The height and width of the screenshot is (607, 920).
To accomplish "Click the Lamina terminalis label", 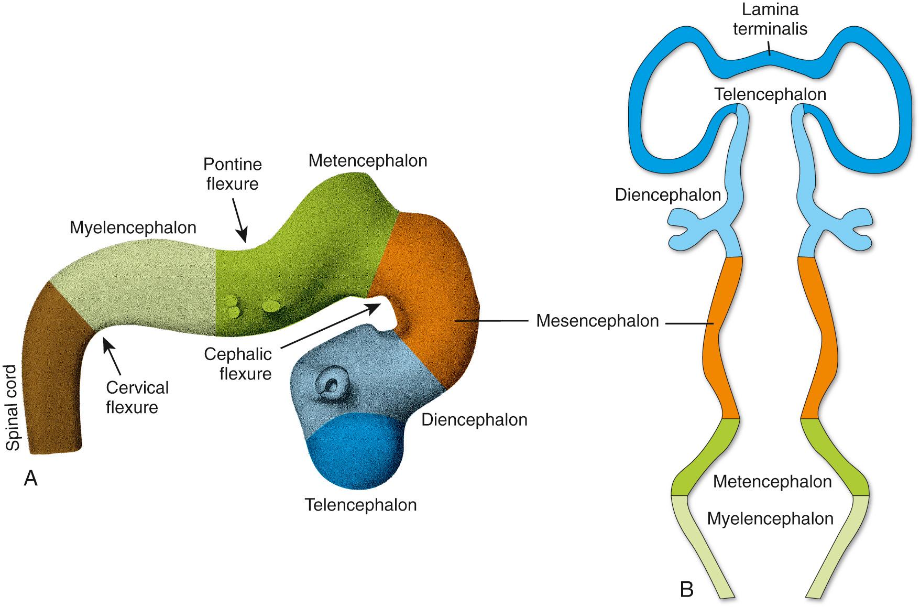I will click(x=770, y=19).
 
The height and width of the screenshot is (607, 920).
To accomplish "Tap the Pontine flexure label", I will click(x=232, y=174).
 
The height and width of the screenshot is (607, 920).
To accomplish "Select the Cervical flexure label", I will click(x=137, y=397).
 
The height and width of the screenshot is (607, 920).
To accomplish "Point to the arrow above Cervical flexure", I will click(x=112, y=356).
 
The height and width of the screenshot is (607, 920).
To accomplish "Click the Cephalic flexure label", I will click(x=238, y=364).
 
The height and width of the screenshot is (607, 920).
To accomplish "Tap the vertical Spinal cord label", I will click(x=13, y=408).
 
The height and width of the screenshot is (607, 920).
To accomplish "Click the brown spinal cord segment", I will click(x=52, y=377).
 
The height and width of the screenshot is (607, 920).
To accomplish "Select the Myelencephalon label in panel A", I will click(x=133, y=227).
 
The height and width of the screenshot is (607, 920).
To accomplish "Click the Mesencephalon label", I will click(x=597, y=321).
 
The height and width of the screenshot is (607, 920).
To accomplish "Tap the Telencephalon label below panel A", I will click(x=360, y=505).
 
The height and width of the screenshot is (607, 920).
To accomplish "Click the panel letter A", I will click(x=30, y=478).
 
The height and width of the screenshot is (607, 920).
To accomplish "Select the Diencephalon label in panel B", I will click(x=667, y=195).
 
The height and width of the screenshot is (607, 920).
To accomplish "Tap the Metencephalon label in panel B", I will click(x=772, y=482).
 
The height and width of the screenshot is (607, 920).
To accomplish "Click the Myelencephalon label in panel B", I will click(x=770, y=519).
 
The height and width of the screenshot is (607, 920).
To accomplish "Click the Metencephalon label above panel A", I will click(x=368, y=160).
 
